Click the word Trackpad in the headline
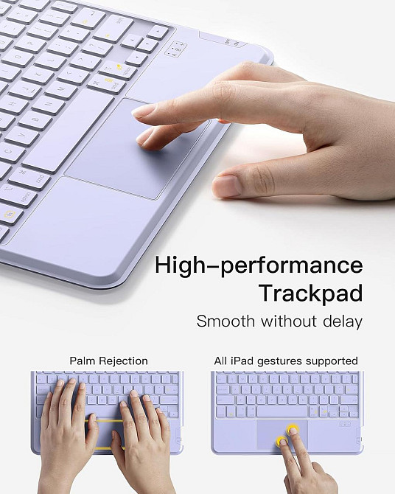(310, 293)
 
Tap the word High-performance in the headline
(259, 265)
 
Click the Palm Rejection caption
(108, 361)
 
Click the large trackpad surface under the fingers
(133, 151)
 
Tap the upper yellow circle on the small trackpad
(293, 430)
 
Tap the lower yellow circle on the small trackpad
(282, 442)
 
